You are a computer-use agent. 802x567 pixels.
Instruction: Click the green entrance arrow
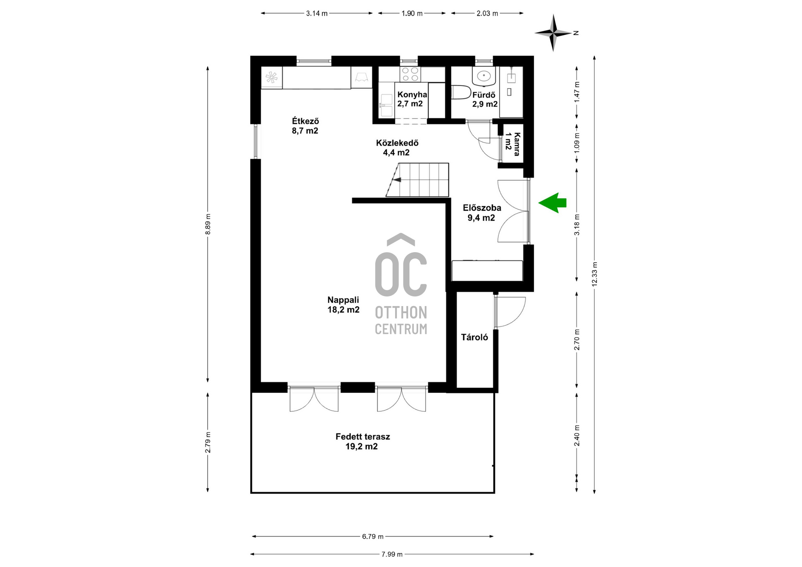click(x=552, y=203)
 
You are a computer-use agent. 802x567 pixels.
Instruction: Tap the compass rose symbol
click(x=553, y=33)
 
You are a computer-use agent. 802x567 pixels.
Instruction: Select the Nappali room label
click(x=343, y=305)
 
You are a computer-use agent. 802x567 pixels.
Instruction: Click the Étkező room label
click(x=305, y=126)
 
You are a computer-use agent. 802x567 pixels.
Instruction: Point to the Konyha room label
click(x=412, y=99)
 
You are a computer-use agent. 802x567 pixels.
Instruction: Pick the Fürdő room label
click(x=485, y=99)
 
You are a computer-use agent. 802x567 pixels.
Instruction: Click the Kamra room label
click(x=513, y=144)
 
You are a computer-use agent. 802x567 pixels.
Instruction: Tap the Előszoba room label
click(x=482, y=213)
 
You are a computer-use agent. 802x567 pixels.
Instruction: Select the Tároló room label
click(x=475, y=337)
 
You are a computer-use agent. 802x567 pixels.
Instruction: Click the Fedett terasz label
click(x=363, y=441)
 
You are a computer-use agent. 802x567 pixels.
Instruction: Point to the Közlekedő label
click(x=397, y=147)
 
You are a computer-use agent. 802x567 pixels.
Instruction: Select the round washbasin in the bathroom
click(x=484, y=76)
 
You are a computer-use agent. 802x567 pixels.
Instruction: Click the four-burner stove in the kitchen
click(x=410, y=74)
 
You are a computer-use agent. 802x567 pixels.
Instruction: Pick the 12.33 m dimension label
click(x=594, y=274)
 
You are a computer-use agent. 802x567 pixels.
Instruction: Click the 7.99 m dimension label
click(x=392, y=554)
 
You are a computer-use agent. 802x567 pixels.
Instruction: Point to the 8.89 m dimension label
click(x=208, y=224)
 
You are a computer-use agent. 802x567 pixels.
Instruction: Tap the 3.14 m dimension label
click(x=317, y=13)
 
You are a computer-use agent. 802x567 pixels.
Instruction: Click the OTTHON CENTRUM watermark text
click(x=401, y=321)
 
